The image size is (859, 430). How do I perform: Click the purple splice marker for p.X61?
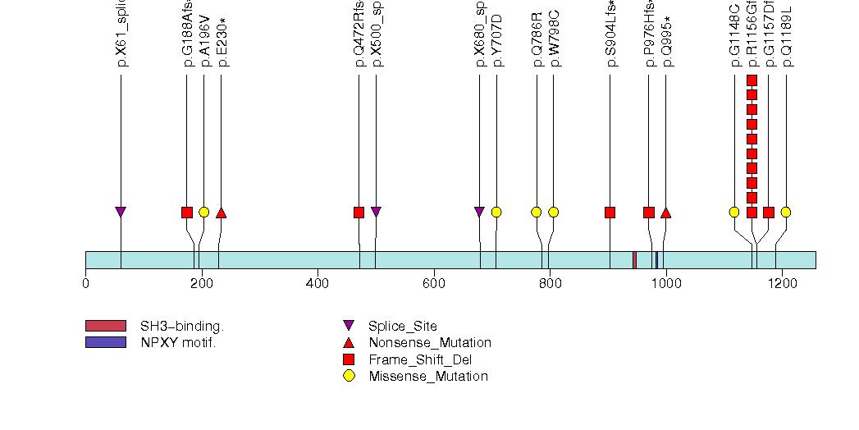121,213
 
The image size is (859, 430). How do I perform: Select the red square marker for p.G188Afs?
187,213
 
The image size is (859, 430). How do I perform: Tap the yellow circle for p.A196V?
204,213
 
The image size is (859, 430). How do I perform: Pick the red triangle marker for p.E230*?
221,213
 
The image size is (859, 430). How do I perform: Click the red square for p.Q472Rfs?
359,213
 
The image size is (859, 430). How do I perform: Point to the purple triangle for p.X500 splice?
376,213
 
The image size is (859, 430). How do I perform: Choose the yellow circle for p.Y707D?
496,213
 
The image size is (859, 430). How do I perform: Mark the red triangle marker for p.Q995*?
665,213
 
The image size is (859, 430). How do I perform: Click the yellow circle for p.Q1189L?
786,213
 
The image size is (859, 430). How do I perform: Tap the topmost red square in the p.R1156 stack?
752,80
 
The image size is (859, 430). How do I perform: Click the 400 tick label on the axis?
318,284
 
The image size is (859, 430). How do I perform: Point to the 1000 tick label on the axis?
665,284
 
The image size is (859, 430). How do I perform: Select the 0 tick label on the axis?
85,284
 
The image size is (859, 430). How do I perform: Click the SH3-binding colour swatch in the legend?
105,326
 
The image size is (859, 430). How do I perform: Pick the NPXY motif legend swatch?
105,342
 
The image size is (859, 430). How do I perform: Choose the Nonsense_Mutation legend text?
430,343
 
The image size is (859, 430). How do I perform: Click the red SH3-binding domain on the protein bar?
634,259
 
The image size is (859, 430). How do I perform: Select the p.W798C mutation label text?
555,38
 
